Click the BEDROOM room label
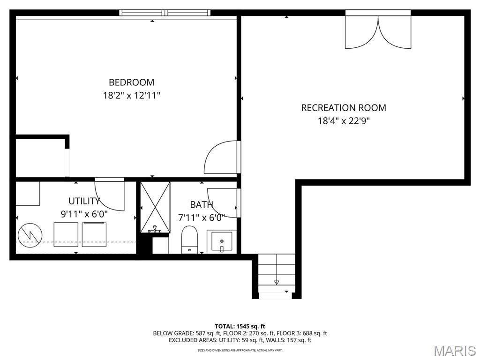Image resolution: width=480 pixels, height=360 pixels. click(131, 82)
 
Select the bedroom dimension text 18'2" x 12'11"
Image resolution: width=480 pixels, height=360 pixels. click(131, 96)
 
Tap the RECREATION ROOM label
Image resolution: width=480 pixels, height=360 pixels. click(344, 108)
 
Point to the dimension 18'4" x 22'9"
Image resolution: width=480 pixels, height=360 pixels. click(344, 121)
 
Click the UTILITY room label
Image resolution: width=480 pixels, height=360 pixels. click(84, 201)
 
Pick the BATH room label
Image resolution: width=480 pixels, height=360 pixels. click(202, 204)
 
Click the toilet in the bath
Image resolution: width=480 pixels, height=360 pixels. click(190, 239)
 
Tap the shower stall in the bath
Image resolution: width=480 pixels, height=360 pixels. click(155, 207)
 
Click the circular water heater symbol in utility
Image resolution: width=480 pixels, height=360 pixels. click(30, 234)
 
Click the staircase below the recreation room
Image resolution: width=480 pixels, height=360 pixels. click(277, 274)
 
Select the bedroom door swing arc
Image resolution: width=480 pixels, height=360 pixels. click(221, 157)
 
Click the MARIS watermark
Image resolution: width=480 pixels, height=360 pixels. click(454, 350)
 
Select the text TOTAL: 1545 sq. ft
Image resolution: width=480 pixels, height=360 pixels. click(240, 326)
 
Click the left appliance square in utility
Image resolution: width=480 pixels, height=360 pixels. click(66, 234)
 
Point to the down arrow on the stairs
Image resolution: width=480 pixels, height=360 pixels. click(277, 282)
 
